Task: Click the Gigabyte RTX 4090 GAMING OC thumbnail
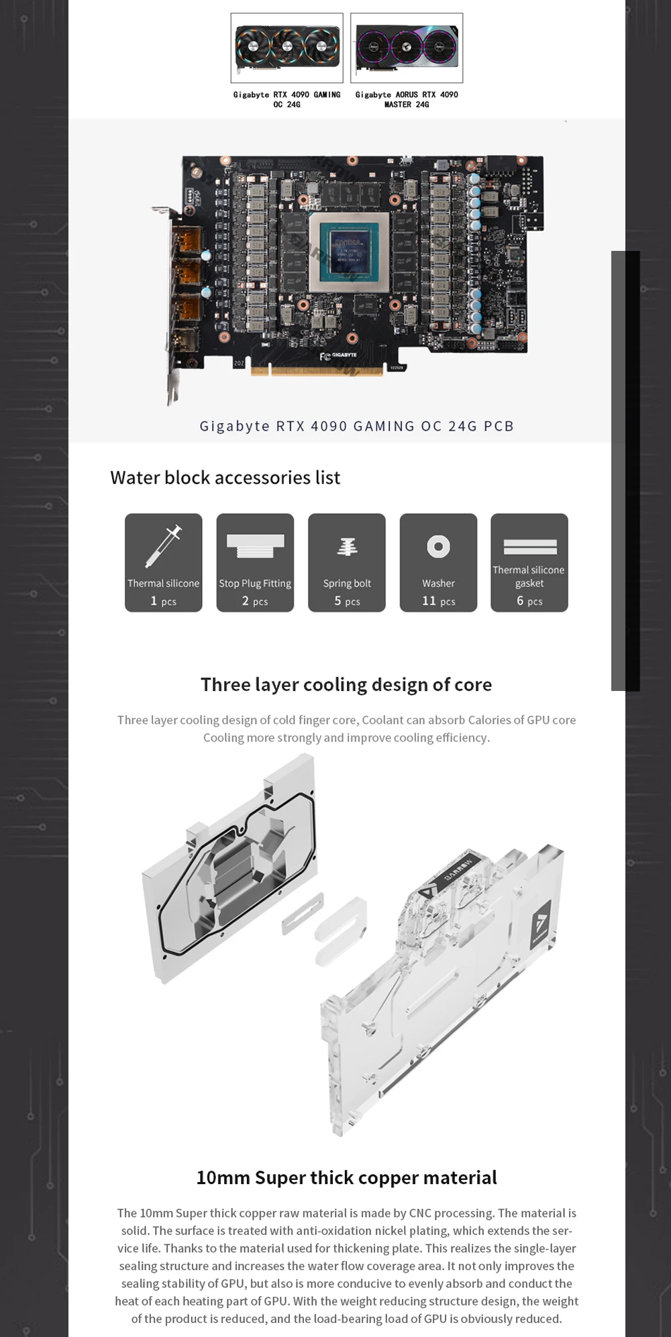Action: point(287,48)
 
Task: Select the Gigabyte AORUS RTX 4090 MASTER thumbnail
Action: point(407,48)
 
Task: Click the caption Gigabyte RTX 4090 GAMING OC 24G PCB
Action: point(357,426)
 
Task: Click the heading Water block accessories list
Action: point(225,478)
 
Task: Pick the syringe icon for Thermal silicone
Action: point(164,546)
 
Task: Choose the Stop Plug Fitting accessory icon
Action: point(255,546)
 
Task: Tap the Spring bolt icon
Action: point(347,547)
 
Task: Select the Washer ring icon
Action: point(438,547)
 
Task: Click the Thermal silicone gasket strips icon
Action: point(530,547)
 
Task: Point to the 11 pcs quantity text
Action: point(439,601)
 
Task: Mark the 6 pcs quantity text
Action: point(529,601)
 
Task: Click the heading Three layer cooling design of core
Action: point(346,684)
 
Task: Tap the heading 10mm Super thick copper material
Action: point(346,1177)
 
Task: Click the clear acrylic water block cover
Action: point(443,990)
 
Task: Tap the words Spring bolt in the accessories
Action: point(347,584)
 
